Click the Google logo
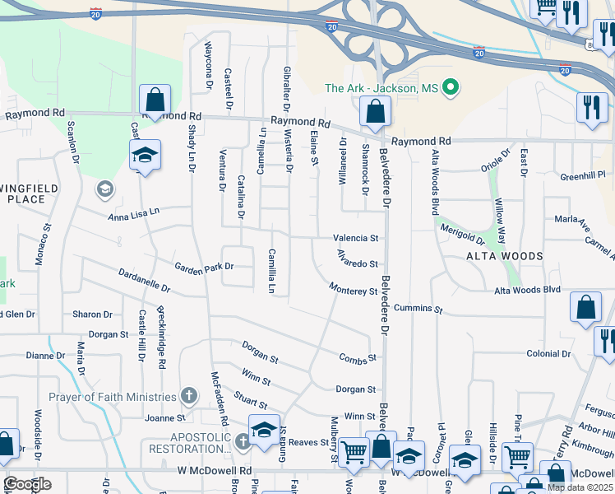click(x=27, y=484)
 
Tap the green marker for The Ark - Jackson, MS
click(x=450, y=87)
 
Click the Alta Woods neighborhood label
click(x=505, y=256)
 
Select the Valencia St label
click(x=356, y=238)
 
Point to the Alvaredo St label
click(x=356, y=264)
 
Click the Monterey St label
click(x=353, y=289)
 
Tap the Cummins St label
click(x=418, y=310)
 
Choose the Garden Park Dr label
click(x=204, y=266)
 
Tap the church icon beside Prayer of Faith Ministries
click(x=189, y=396)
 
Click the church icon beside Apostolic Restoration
click(x=242, y=442)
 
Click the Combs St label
click(x=358, y=358)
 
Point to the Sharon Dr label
click(x=92, y=315)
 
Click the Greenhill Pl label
click(x=583, y=176)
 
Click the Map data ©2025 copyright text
click(x=580, y=487)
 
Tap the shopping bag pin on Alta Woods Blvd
click(x=585, y=306)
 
